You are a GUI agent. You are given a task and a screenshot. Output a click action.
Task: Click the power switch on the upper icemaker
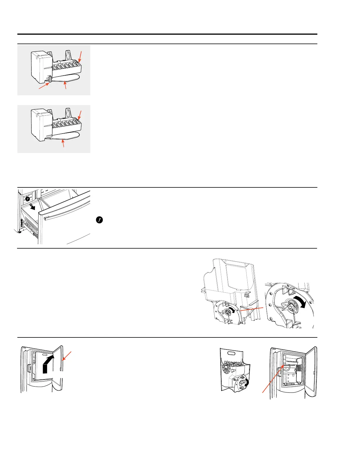pos(50,79)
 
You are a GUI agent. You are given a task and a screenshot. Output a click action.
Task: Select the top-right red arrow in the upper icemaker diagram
pos(80,56)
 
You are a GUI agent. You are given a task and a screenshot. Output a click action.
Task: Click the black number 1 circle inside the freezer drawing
pos(27,199)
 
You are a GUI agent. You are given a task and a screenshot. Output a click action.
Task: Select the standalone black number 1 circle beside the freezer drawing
pos(99,220)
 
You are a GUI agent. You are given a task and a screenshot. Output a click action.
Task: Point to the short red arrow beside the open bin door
pos(66,355)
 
